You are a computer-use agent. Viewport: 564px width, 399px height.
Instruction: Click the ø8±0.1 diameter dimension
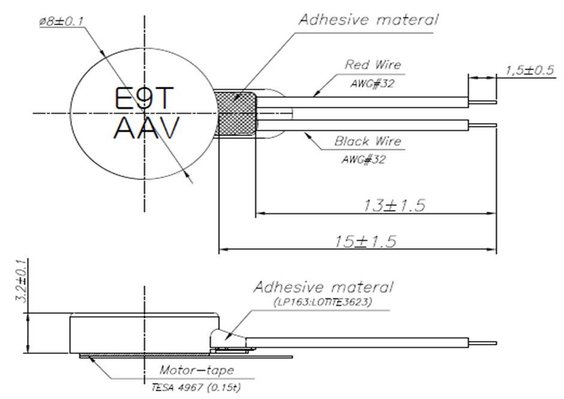click(61, 22)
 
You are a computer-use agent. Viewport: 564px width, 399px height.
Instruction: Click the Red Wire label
click(372, 65)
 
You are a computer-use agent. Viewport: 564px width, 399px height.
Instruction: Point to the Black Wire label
click(367, 142)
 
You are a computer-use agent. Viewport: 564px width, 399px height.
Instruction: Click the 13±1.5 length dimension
click(394, 205)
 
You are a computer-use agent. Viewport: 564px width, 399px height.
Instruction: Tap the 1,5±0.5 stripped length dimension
click(530, 70)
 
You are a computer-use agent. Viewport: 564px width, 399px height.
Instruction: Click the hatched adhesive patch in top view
click(236, 113)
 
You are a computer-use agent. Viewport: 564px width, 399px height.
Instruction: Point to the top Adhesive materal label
click(369, 19)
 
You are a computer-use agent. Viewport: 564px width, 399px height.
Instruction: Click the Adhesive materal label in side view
click(324, 287)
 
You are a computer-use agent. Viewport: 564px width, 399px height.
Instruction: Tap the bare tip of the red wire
click(489, 101)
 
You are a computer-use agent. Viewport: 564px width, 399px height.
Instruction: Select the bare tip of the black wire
click(489, 125)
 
